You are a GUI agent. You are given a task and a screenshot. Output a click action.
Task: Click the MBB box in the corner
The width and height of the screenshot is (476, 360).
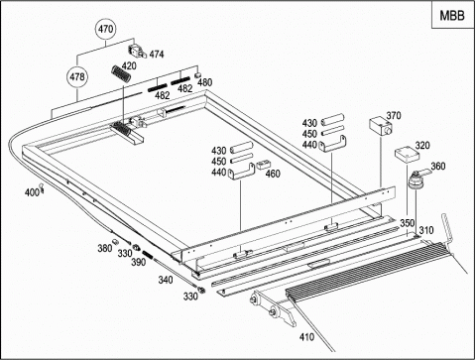point(452,16)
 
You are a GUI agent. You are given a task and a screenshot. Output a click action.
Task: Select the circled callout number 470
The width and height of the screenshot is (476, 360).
point(106,29)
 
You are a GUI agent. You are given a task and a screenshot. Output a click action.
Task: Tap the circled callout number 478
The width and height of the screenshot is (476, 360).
point(77,77)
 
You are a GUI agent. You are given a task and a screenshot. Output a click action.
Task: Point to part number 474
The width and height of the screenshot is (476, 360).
point(157,55)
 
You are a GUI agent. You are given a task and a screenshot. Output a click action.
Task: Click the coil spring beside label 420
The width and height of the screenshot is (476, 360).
point(121,73)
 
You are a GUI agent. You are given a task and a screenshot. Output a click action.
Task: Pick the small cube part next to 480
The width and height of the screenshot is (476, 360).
point(198,74)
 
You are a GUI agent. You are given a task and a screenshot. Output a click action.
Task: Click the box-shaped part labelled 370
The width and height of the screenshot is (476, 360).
point(381,126)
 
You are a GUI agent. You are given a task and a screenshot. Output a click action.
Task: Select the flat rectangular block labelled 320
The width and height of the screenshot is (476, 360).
point(407,155)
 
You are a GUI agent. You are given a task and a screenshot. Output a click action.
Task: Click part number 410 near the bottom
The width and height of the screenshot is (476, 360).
point(306,337)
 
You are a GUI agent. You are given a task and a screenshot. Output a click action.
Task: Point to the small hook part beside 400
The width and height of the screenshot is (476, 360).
point(42,187)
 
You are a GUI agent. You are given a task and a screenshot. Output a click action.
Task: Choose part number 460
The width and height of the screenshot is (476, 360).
point(273,174)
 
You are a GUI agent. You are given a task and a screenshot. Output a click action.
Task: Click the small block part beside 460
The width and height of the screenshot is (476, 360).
point(264,165)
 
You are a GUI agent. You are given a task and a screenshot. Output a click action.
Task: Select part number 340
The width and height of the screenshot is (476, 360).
point(166,280)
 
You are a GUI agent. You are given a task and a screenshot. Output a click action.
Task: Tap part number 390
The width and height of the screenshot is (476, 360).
point(138,262)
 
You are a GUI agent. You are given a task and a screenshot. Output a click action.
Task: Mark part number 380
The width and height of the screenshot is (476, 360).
point(105,248)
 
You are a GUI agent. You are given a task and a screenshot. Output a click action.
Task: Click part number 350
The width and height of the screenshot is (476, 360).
point(408,223)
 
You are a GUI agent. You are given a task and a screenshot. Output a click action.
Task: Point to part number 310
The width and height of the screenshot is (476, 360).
point(426,230)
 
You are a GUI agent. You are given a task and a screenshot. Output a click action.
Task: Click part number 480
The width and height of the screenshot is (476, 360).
point(204,82)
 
